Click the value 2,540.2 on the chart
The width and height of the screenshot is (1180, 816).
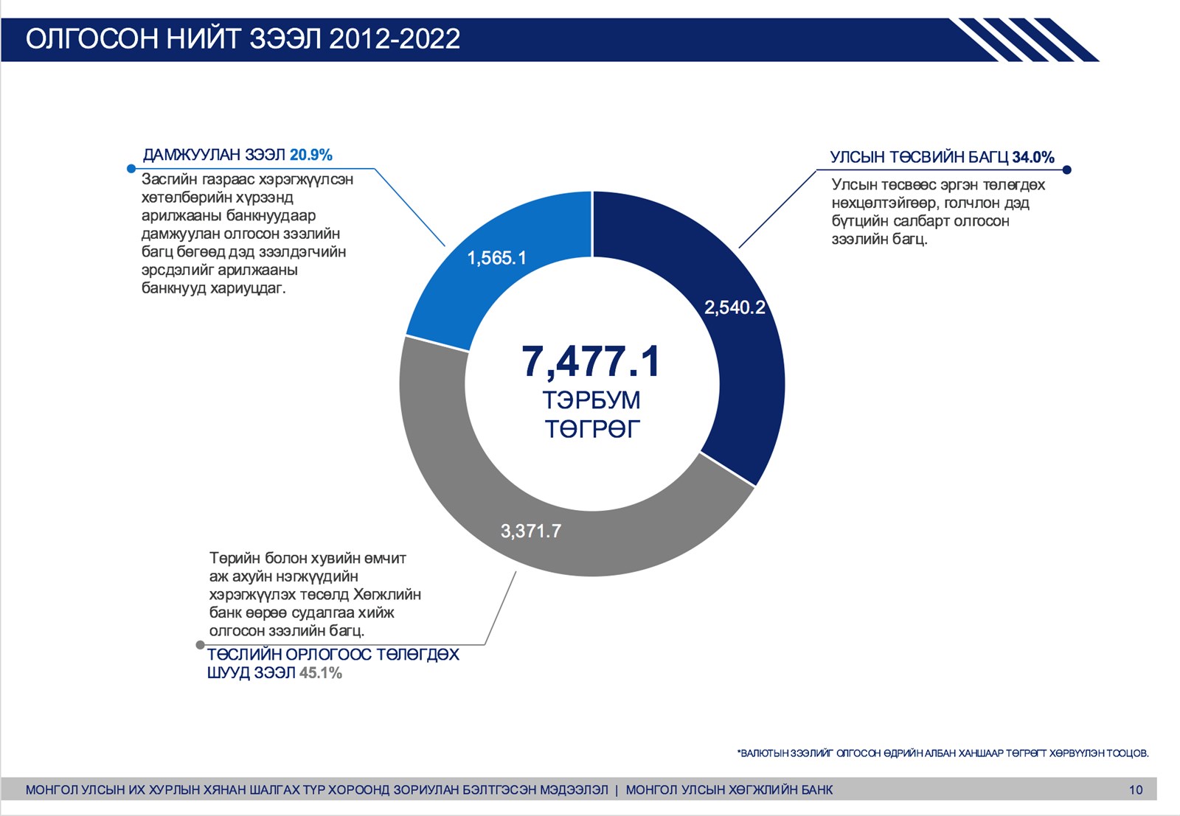pos(735,307)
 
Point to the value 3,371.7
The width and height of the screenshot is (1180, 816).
pos(531,531)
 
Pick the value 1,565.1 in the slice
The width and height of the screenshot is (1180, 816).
pos(497,258)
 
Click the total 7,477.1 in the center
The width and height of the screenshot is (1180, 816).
pos(591,361)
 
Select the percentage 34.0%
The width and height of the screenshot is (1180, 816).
pos(1032,157)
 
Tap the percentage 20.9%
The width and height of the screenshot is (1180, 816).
pos(311,155)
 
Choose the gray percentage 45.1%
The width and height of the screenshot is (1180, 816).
pos(321,673)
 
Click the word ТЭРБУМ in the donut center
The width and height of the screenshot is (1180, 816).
pos(591,400)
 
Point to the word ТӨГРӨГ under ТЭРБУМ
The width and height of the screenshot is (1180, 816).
pos(592,428)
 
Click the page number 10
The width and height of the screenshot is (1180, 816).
pos(1135,790)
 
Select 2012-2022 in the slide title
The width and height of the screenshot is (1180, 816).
pos(395,39)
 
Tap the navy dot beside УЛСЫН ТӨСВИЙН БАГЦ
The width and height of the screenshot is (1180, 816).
pos(1066,170)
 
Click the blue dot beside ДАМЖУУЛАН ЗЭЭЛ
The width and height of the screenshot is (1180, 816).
pos(131,169)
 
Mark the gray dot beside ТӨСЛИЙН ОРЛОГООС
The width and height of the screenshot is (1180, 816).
pos(200,645)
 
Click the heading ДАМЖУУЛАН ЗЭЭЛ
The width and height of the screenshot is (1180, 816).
pos(214,155)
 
